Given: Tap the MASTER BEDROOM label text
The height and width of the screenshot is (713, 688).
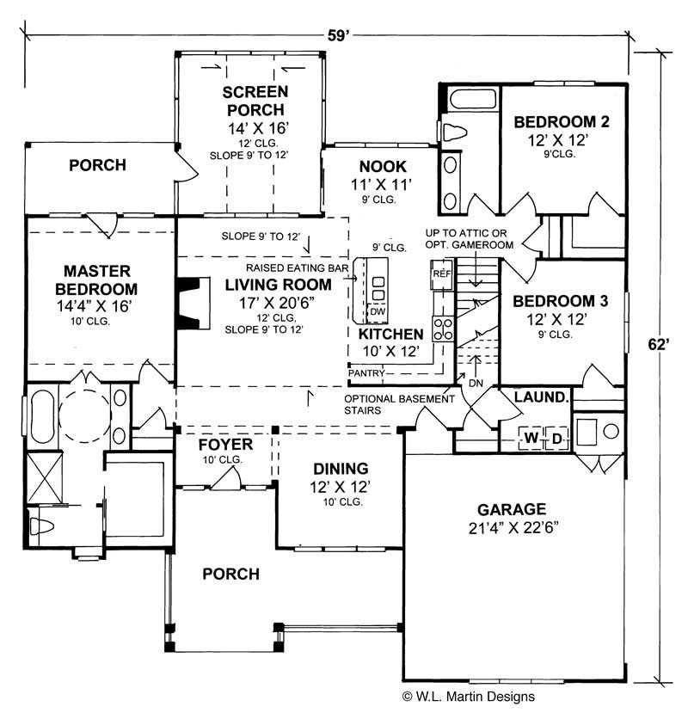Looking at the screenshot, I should (95, 279).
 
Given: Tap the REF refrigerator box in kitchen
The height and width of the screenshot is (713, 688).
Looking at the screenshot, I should (441, 274).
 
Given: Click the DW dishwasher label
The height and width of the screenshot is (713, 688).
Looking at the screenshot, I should (377, 311).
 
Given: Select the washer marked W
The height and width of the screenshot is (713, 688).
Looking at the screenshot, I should (531, 439).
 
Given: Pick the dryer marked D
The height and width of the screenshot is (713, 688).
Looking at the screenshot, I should (556, 439).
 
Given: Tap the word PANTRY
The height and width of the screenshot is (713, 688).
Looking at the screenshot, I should (367, 373).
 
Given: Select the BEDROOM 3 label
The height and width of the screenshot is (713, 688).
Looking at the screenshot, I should (560, 301).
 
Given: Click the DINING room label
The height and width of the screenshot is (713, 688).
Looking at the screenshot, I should (341, 469).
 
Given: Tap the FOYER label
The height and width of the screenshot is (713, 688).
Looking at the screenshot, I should (224, 445).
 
